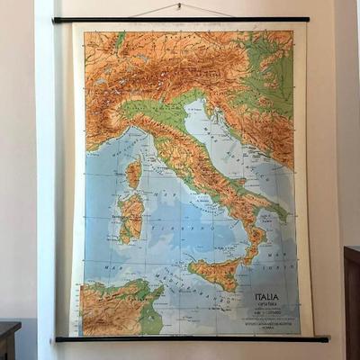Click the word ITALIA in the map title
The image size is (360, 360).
266,297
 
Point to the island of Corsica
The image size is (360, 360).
133,172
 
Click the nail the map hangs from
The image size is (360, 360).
179,6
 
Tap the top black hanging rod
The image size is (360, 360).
180,20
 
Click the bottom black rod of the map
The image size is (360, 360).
189,339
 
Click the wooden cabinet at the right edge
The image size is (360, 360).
351,297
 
